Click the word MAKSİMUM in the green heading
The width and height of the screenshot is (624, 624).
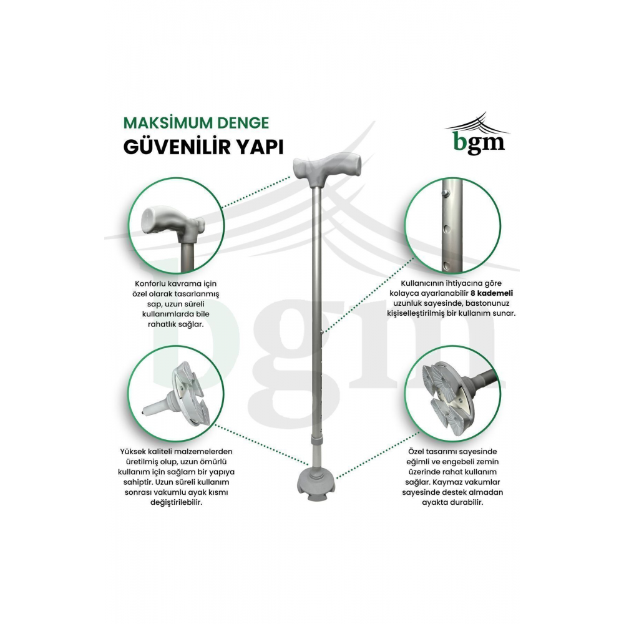pyautogui.click(x=162, y=123)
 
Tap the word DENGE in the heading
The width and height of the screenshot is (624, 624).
pyautogui.click(x=238, y=123)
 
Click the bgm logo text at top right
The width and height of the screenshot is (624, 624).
pyautogui.click(x=479, y=142)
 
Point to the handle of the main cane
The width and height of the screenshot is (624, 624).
pyautogui.click(x=327, y=168)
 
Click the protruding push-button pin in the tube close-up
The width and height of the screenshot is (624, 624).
pyautogui.click(x=447, y=193)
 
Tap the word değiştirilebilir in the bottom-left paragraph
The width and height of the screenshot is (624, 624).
pyautogui.click(x=177, y=502)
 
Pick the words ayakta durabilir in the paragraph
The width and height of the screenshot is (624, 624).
pyautogui.click(x=452, y=502)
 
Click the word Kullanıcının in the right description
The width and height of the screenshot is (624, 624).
pyautogui.click(x=424, y=284)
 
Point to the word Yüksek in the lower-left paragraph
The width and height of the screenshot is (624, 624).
pyautogui.click(x=134, y=452)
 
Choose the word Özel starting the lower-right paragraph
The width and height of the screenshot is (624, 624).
pyautogui.click(x=417, y=452)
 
